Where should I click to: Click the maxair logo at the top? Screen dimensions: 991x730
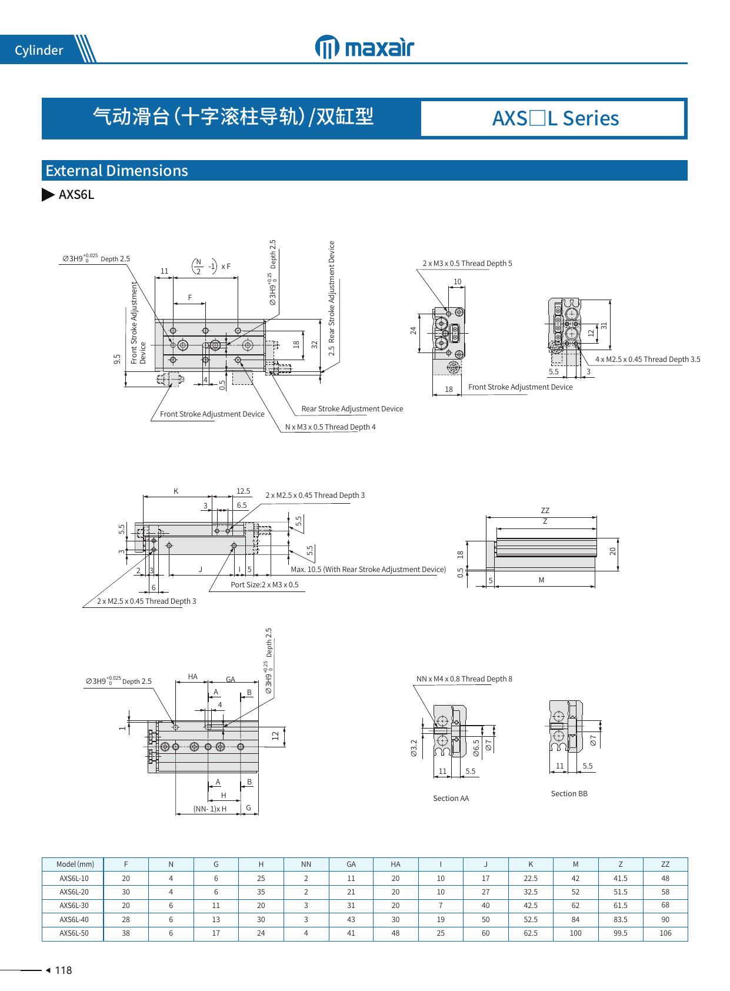(365, 48)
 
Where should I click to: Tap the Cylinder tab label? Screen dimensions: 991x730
(39, 51)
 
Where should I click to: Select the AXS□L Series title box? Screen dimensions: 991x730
(555, 118)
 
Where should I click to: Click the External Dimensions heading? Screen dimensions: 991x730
(116, 171)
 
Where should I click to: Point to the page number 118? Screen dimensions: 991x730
(63, 970)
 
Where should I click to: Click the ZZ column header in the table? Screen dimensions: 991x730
(665, 864)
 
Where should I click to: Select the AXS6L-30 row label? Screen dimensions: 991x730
(74, 906)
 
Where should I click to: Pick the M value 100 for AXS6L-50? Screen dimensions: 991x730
(575, 933)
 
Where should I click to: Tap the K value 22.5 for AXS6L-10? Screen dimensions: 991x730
(531, 879)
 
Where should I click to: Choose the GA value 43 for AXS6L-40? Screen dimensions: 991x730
(351, 920)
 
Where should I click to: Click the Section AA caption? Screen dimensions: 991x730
(451, 799)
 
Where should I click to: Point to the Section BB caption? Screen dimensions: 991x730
(569, 794)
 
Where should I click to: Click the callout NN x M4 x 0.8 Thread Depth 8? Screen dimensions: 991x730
(464, 679)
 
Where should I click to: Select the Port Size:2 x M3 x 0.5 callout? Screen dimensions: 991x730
(264, 585)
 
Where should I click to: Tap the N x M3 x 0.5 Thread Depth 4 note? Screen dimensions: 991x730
(330, 427)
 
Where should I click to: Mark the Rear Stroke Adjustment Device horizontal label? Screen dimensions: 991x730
(352, 409)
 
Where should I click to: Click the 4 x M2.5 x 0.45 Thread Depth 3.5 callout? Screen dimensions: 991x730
(647, 360)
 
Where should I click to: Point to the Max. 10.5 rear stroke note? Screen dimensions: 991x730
(368, 570)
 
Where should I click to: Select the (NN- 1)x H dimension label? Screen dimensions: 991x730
(210, 809)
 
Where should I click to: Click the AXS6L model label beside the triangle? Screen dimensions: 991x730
(76, 195)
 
